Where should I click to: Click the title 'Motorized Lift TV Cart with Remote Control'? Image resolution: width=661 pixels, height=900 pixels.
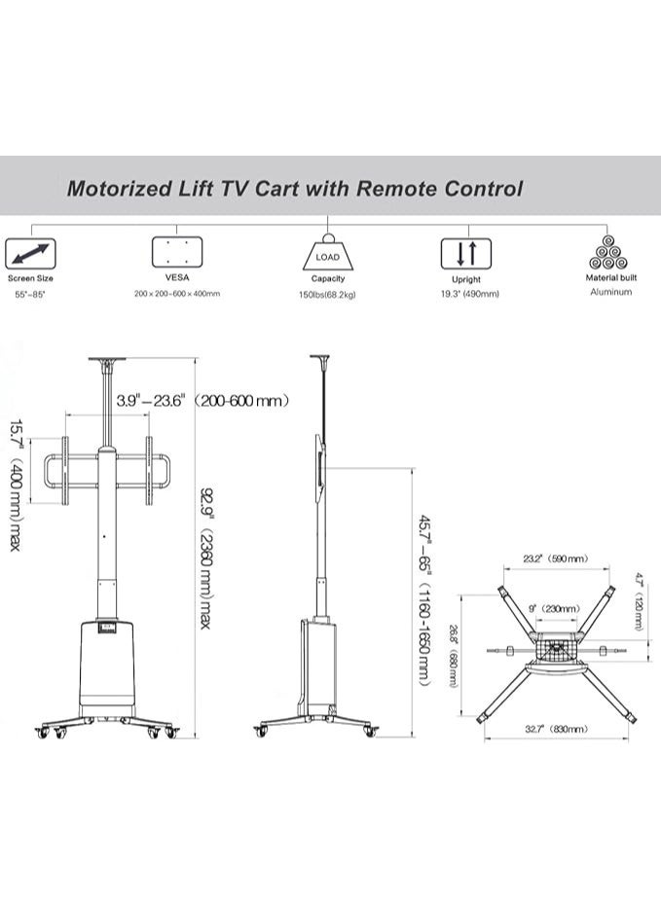[294, 189]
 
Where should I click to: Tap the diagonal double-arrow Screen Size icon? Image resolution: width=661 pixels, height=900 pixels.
[30, 255]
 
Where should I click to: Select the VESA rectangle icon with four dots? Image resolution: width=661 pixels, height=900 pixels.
[177, 252]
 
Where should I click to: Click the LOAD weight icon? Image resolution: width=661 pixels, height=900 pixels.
[327, 254]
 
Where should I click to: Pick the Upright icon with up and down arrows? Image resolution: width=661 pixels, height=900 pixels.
[466, 254]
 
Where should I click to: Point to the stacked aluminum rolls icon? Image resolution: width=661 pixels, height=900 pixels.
[610, 252]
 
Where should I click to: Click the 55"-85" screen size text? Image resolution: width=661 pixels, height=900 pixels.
[29, 293]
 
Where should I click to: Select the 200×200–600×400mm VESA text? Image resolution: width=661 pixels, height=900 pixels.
[177, 293]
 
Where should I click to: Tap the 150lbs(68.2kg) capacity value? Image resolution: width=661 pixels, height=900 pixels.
[327, 294]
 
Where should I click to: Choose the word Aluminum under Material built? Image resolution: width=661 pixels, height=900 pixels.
[610, 292]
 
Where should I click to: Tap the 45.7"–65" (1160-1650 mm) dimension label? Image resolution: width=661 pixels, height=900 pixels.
[424, 600]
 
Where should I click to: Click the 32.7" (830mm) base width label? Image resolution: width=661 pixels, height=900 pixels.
[556, 729]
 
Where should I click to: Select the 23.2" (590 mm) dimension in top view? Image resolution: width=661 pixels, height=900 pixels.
[555, 559]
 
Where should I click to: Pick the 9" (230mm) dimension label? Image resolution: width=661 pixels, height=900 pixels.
[556, 608]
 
